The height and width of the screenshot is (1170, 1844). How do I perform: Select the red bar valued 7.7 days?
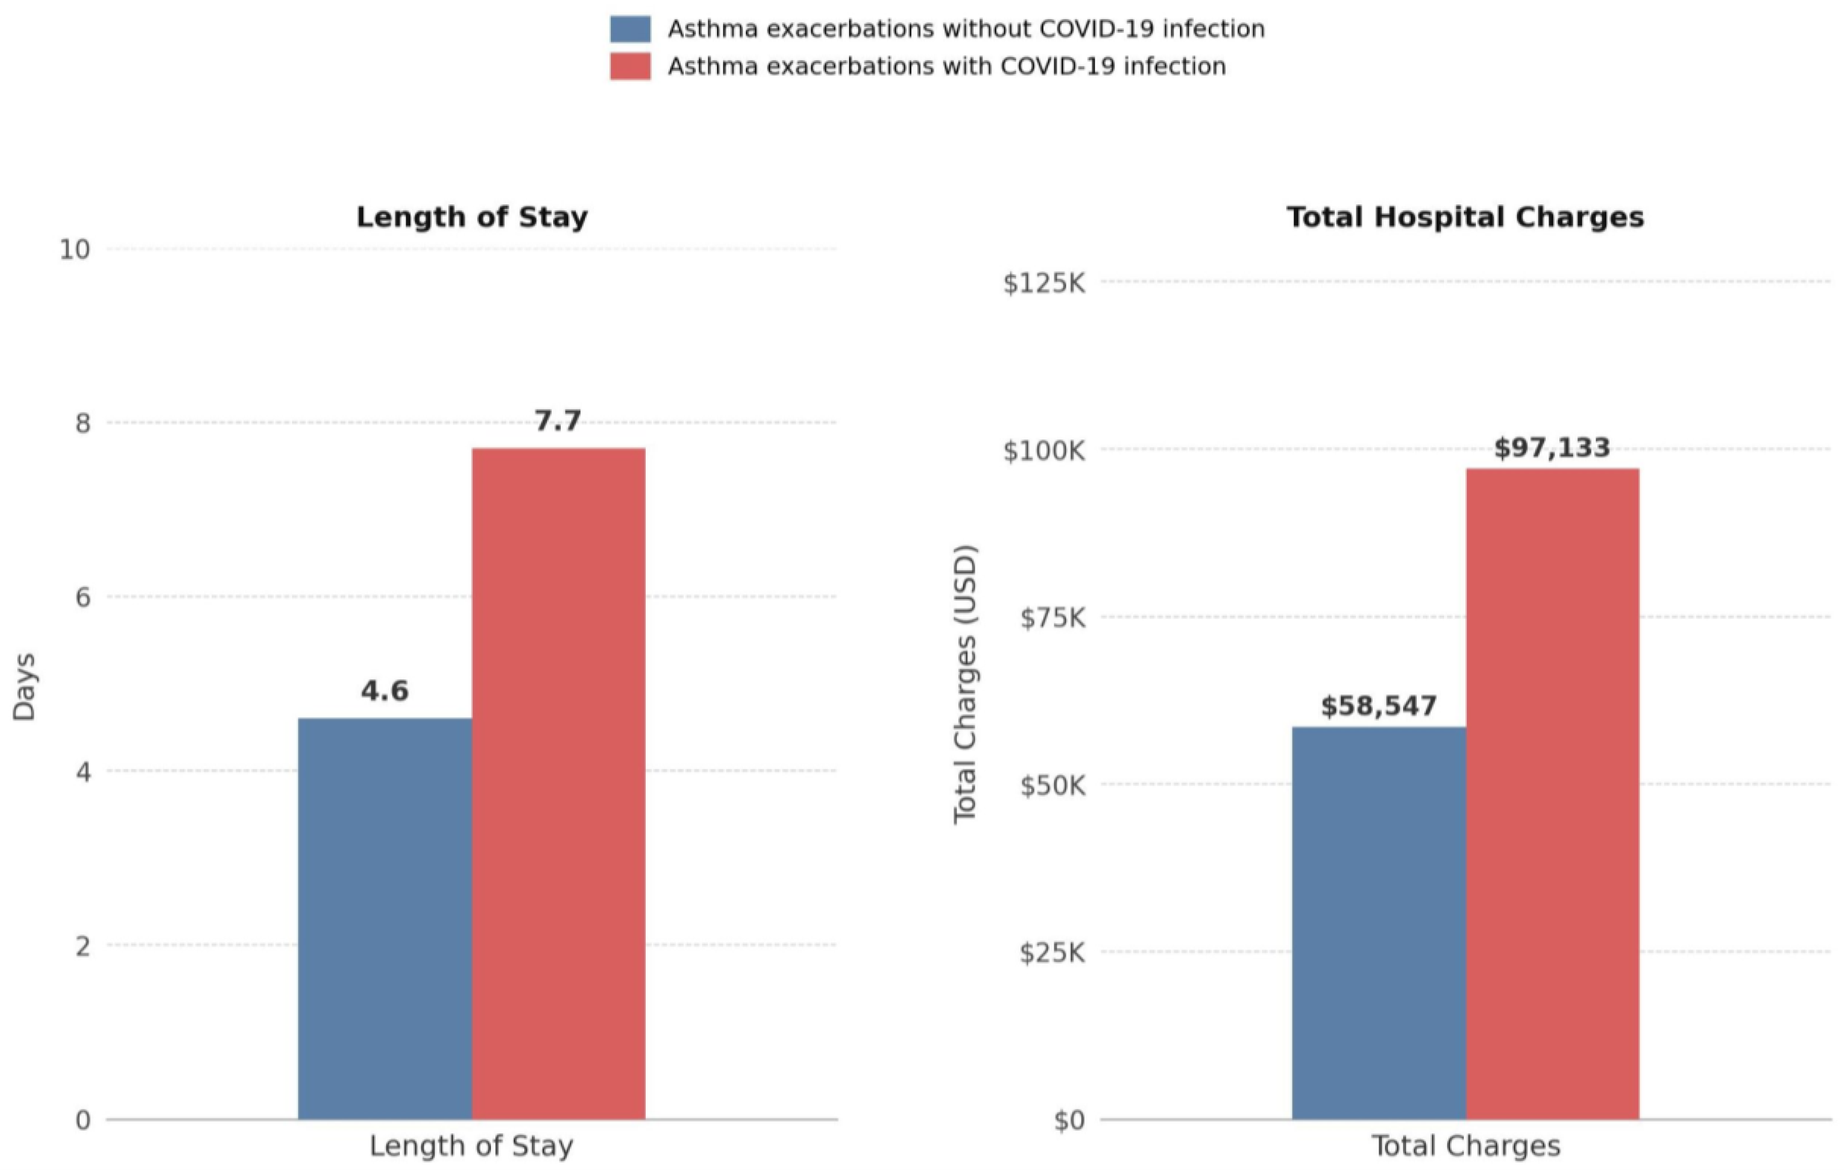point(558,784)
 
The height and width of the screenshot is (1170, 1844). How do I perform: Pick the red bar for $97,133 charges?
point(1552,794)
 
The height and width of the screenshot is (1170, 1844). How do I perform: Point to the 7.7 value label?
point(558,421)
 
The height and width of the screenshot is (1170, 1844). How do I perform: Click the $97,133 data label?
point(1552,448)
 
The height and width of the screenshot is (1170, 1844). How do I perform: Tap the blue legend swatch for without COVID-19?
point(630,29)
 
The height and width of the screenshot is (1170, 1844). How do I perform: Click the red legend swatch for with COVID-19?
point(630,66)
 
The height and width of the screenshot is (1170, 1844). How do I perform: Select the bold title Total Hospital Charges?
point(1465,217)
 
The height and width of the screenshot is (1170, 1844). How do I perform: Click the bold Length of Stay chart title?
point(472,217)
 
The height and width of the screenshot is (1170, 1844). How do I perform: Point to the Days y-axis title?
point(24,686)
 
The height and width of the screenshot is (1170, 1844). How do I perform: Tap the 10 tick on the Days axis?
point(74,250)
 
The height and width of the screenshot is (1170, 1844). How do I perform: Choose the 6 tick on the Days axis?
point(83,597)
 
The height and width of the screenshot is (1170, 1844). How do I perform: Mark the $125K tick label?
point(1044,283)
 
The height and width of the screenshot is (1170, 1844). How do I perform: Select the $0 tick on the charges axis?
point(1069,1121)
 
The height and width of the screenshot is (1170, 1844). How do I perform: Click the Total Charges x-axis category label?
point(1465,1146)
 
